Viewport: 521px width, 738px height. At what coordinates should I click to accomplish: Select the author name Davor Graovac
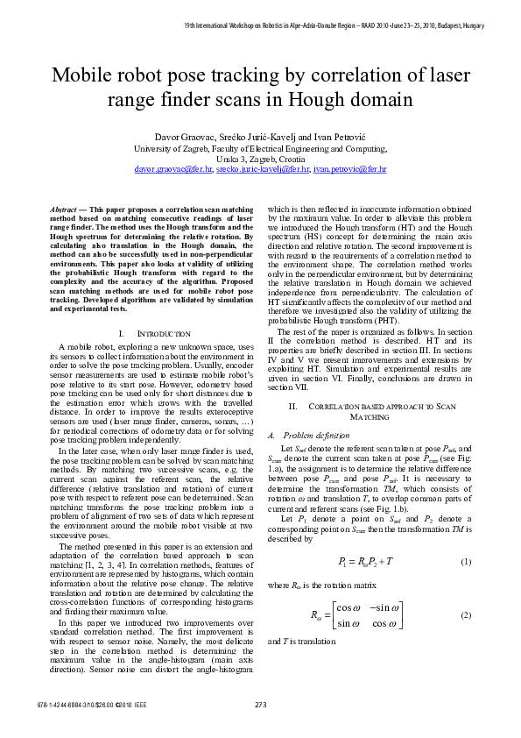(x=187, y=138)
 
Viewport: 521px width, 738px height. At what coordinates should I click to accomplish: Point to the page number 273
(x=260, y=705)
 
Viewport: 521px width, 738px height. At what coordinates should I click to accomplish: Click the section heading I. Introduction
(x=153, y=334)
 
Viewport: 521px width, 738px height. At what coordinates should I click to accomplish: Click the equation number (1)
(x=466, y=561)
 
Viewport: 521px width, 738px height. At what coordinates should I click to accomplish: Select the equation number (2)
(x=466, y=615)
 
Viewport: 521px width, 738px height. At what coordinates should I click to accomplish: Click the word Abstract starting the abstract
(x=62, y=210)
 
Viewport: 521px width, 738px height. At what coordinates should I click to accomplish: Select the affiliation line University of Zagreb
(x=260, y=149)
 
